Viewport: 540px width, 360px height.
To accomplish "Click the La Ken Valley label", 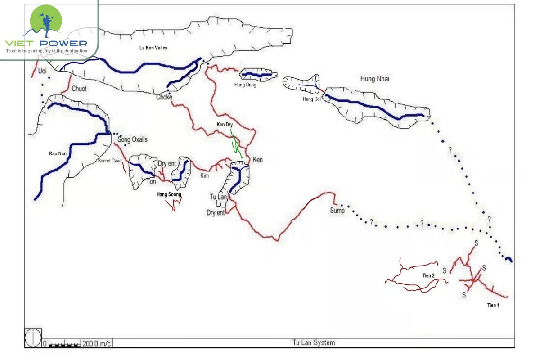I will tap(152, 48).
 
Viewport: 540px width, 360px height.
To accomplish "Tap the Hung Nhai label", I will tap(375, 79).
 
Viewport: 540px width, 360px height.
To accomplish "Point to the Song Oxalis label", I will tap(132, 140).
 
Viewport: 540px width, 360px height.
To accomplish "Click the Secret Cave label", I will tap(111, 160).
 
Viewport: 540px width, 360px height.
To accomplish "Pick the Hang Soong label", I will tap(169, 195).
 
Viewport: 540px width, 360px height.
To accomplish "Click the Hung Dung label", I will tap(245, 85).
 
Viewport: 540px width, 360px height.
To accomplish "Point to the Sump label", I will tap(337, 211).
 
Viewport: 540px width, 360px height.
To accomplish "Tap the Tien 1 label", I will tap(493, 306).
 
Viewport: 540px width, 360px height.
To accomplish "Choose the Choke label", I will tap(164, 97).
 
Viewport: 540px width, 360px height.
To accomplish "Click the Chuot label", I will tap(79, 89).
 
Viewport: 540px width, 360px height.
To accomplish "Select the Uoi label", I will tap(42, 71).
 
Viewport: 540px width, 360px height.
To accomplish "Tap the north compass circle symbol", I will tap(33, 338).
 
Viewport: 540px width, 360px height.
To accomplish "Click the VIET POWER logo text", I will tap(46, 44).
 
